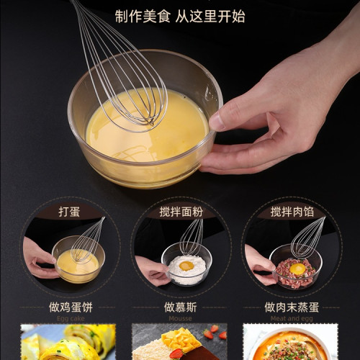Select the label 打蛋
point(70,212)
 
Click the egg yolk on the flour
point(186,266)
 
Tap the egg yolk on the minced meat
point(297,269)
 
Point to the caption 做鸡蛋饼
point(70,307)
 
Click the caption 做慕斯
point(180,307)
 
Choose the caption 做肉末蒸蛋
point(291,307)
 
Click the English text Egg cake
point(70,318)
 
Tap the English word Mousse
point(180,318)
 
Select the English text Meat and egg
point(291,318)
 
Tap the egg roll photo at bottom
point(70,343)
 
